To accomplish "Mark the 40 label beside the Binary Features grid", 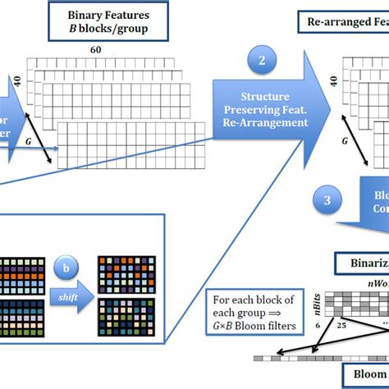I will tap(16, 84).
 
